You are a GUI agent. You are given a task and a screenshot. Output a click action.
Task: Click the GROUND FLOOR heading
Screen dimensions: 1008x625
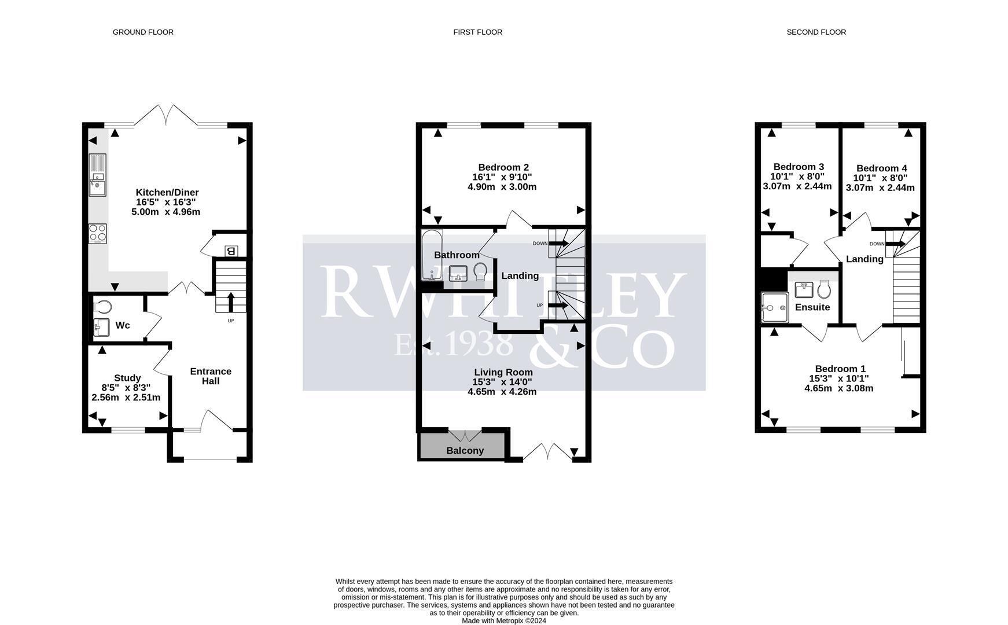(x=143, y=32)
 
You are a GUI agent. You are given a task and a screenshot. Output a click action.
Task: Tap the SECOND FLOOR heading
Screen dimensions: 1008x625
(x=816, y=32)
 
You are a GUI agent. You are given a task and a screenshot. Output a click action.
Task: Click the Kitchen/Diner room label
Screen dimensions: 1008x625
(x=167, y=192)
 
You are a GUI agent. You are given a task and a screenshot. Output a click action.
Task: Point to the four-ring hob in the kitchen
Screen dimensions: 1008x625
(x=98, y=233)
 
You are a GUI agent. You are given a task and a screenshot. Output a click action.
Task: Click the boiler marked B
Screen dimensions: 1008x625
(x=231, y=251)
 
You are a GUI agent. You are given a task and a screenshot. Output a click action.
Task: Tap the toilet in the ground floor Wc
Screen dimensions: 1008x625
(x=102, y=306)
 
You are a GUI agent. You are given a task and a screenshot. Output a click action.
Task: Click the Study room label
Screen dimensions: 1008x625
(x=127, y=378)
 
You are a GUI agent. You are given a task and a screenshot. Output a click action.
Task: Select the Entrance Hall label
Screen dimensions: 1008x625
(x=211, y=376)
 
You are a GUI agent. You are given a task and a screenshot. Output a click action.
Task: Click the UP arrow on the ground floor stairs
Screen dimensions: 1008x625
(x=231, y=302)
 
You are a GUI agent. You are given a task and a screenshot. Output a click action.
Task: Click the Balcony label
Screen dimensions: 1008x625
(x=465, y=451)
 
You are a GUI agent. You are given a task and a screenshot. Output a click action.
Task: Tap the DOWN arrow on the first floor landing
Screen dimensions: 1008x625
(x=558, y=244)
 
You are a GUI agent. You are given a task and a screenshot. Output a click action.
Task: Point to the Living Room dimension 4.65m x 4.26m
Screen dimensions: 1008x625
(x=502, y=392)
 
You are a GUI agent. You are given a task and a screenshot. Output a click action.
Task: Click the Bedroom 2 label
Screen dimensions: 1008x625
(x=503, y=167)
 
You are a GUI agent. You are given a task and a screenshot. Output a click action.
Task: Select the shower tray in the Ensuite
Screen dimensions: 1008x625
(x=775, y=307)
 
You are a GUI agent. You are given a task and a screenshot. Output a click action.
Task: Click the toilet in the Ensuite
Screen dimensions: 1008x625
(x=825, y=289)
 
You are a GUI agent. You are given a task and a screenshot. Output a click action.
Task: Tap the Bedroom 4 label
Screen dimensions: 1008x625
(x=882, y=168)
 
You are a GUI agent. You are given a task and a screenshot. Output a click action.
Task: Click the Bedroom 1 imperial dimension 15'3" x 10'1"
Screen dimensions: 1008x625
(x=839, y=378)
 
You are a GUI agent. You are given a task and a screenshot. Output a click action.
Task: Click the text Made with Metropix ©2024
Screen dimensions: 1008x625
(x=504, y=621)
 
